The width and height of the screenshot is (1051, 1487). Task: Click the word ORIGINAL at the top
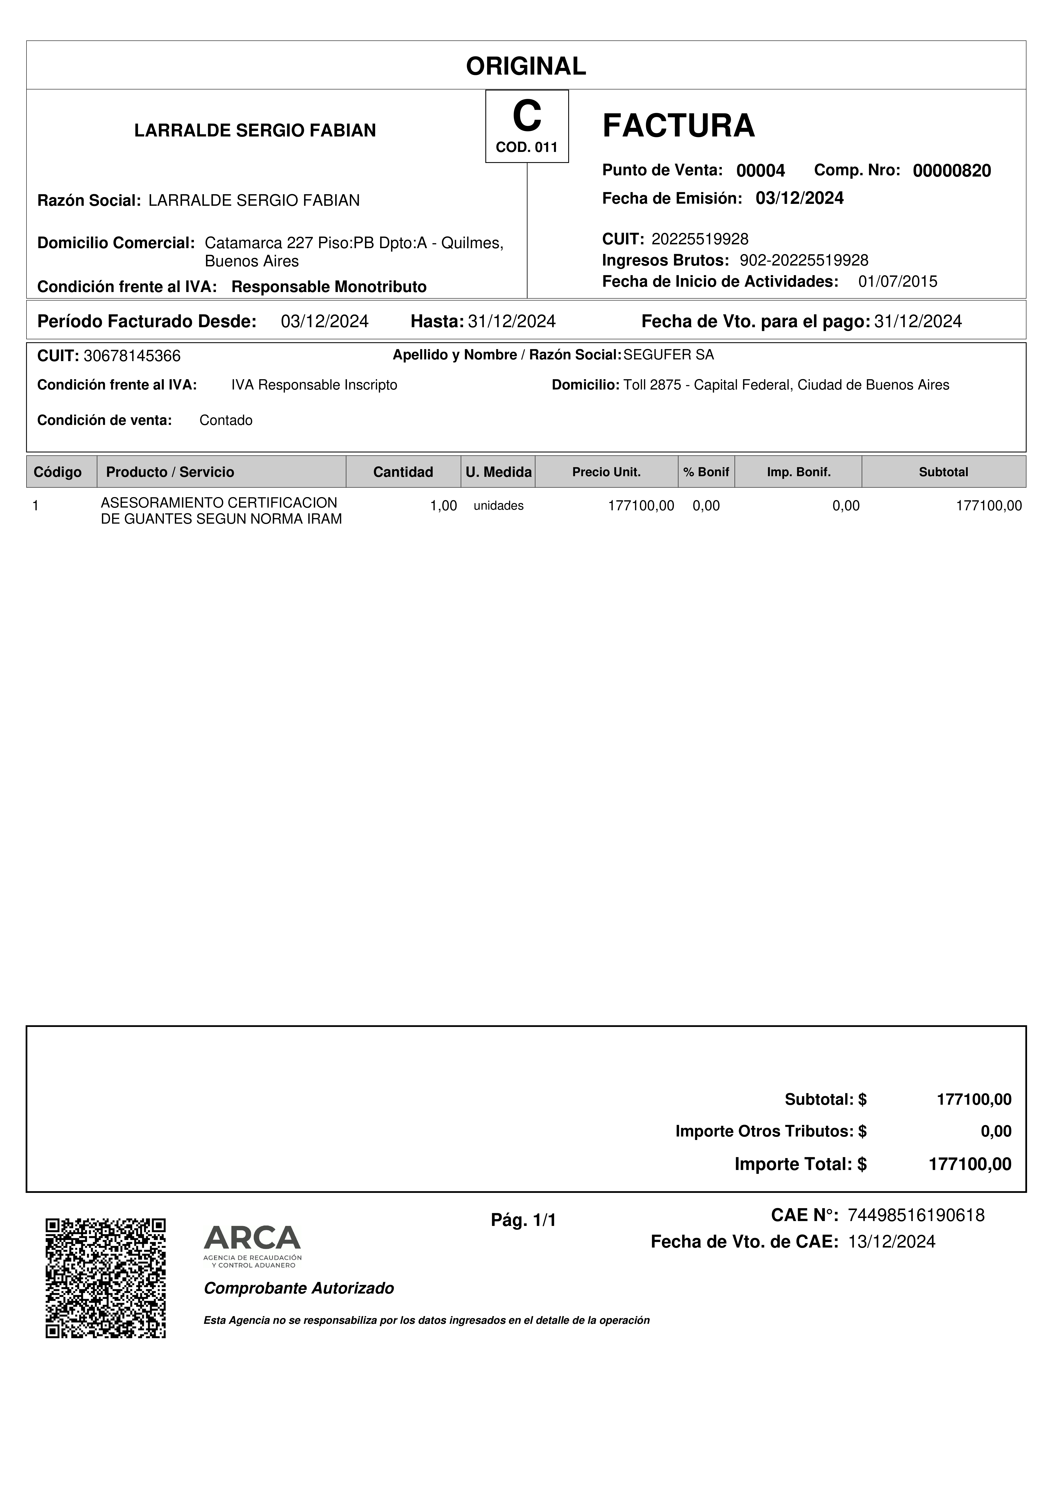tap(526, 66)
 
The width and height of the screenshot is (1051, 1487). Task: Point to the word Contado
tap(226, 420)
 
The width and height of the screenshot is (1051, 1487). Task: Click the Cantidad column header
tap(403, 472)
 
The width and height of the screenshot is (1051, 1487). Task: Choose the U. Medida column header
tap(498, 472)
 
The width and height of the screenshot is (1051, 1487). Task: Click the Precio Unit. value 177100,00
tap(640, 506)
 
